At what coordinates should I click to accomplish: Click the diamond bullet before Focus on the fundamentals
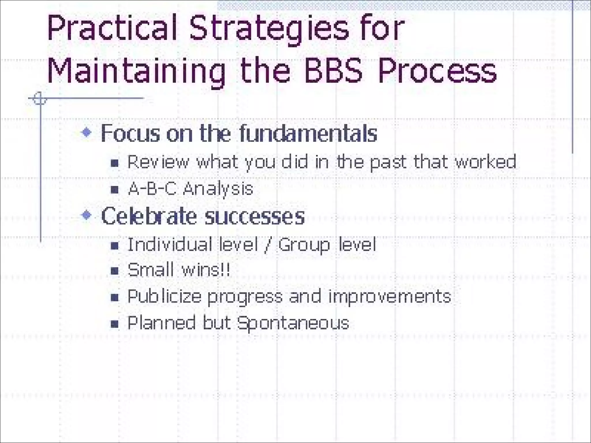tap(87, 133)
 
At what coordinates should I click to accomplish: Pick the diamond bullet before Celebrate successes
tap(87, 215)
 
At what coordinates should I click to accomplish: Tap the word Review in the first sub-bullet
tap(158, 162)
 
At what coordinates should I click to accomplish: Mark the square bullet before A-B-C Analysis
tap(115, 190)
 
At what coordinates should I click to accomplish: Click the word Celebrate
tap(149, 216)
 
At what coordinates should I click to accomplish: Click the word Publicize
tap(164, 296)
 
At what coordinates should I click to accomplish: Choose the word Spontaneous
tap(293, 323)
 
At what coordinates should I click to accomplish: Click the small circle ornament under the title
tap(40, 99)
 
